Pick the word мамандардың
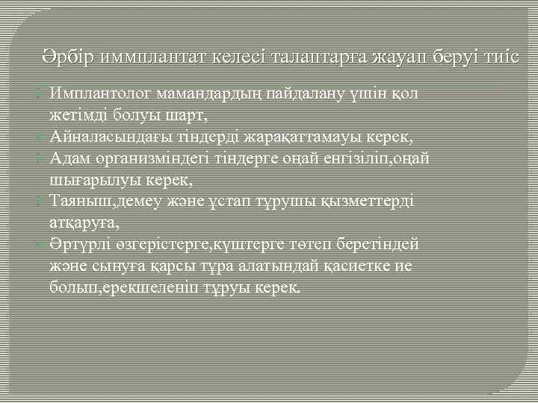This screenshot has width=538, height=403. click(x=205, y=93)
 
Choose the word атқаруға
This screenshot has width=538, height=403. click(x=81, y=222)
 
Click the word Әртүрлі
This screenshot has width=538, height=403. click(x=78, y=244)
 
